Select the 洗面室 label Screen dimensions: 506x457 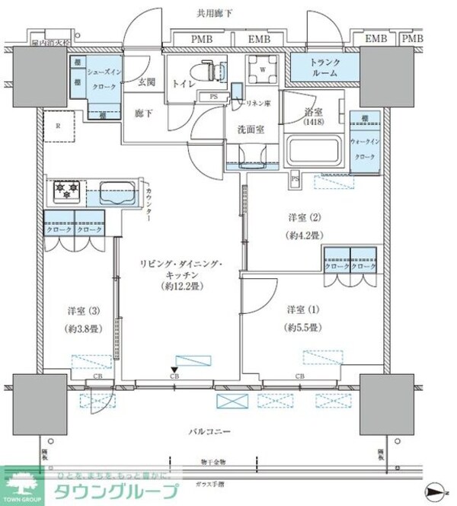coord(250,129)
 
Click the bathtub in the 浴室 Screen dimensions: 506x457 coord(312,149)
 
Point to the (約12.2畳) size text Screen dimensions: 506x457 coord(180,287)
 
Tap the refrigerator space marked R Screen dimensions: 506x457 coord(57,126)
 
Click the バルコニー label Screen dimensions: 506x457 coord(209,431)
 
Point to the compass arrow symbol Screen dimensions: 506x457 coord(433,488)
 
